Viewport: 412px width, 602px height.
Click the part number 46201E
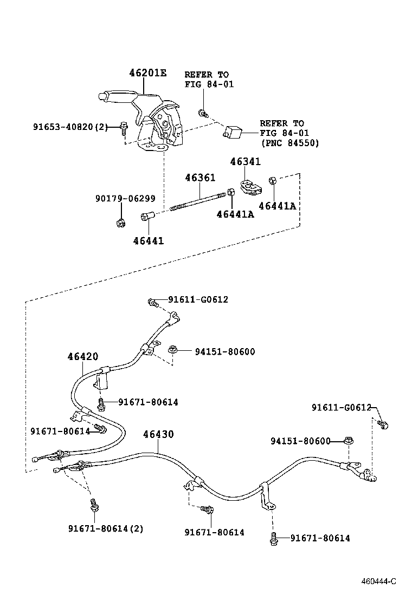click(x=147, y=73)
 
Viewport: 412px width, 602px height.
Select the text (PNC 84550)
click(x=289, y=143)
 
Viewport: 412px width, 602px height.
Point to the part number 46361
click(x=200, y=178)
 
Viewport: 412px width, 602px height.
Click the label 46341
click(x=245, y=162)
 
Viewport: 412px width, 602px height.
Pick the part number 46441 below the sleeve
click(x=149, y=240)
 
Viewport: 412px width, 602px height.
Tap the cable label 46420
click(x=83, y=356)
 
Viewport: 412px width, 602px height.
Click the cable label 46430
click(x=158, y=434)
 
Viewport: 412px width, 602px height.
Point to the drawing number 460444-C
click(x=379, y=581)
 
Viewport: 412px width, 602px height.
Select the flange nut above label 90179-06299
click(x=121, y=221)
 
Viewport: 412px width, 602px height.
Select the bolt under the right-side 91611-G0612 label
click(x=384, y=425)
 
